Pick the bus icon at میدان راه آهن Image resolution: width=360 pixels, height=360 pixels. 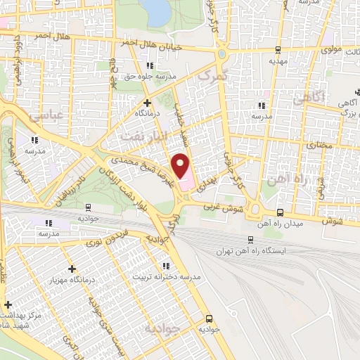click(x=279, y=212)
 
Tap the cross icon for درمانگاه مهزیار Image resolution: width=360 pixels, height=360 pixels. click(x=72, y=269)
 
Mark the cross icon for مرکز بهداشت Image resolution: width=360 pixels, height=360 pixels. click(x=8, y=305)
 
